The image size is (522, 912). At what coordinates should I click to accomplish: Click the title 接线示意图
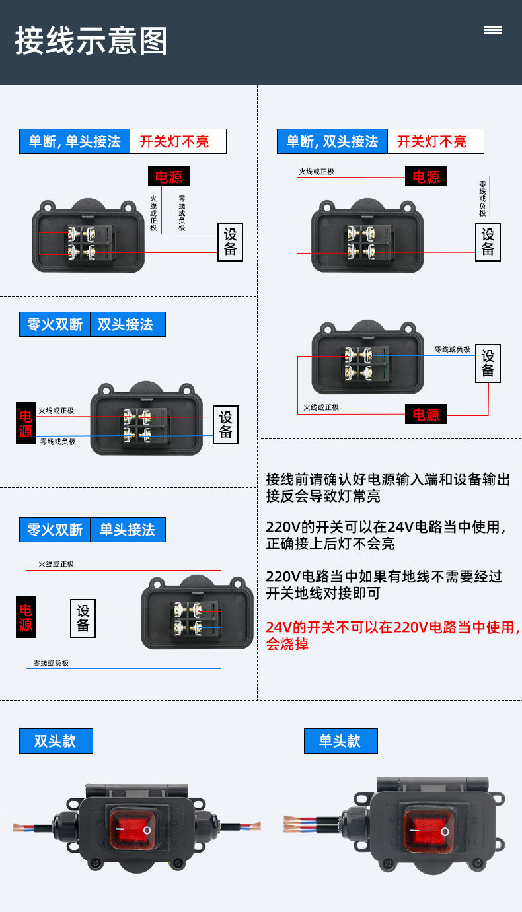(91, 41)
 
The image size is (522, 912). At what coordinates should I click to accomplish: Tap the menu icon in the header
(492, 30)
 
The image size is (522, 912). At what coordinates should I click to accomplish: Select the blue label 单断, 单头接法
(75, 141)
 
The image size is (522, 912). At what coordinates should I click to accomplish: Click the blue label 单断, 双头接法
(332, 141)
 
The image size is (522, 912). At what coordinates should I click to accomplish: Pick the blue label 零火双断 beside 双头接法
(55, 324)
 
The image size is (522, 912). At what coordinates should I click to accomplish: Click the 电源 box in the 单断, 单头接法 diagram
(168, 176)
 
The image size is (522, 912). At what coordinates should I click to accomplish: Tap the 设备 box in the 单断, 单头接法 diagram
(230, 242)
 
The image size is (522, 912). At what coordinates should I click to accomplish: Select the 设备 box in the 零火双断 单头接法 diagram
(83, 618)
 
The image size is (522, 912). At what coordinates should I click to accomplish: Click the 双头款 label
(56, 741)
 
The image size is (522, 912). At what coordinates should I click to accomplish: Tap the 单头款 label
(340, 741)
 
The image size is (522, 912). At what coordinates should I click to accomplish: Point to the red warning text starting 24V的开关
(392, 635)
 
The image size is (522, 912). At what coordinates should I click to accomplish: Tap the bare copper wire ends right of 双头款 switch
(250, 825)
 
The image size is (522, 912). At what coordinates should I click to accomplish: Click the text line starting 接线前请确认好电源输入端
(388, 479)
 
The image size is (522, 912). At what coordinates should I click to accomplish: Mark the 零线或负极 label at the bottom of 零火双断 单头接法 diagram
(51, 663)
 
